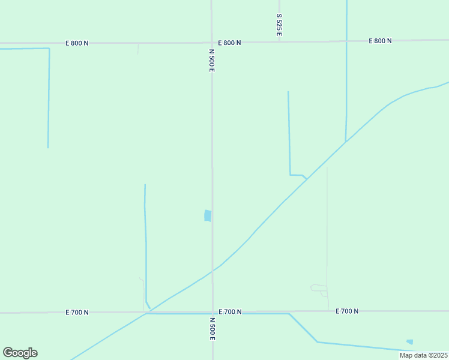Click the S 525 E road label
[279, 25]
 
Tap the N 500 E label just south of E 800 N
[212, 61]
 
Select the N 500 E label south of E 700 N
[212, 329]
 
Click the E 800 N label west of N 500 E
[77, 43]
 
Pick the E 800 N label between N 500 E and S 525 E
[229, 43]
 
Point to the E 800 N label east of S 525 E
[379, 41]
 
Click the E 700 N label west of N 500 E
[77, 313]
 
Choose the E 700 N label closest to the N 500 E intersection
[230, 312]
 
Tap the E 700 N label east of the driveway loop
[347, 311]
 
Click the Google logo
[20, 353]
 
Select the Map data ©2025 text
[423, 355]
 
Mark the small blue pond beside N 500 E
[208, 215]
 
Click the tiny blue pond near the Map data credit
[409, 342]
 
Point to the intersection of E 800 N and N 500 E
[212, 43]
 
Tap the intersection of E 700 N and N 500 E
[212, 312]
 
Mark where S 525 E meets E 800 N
[279, 42]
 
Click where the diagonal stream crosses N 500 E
[212, 271]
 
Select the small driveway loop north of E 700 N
[318, 288]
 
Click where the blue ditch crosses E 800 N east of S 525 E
[346, 41]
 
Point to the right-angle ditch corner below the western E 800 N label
[49, 49]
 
